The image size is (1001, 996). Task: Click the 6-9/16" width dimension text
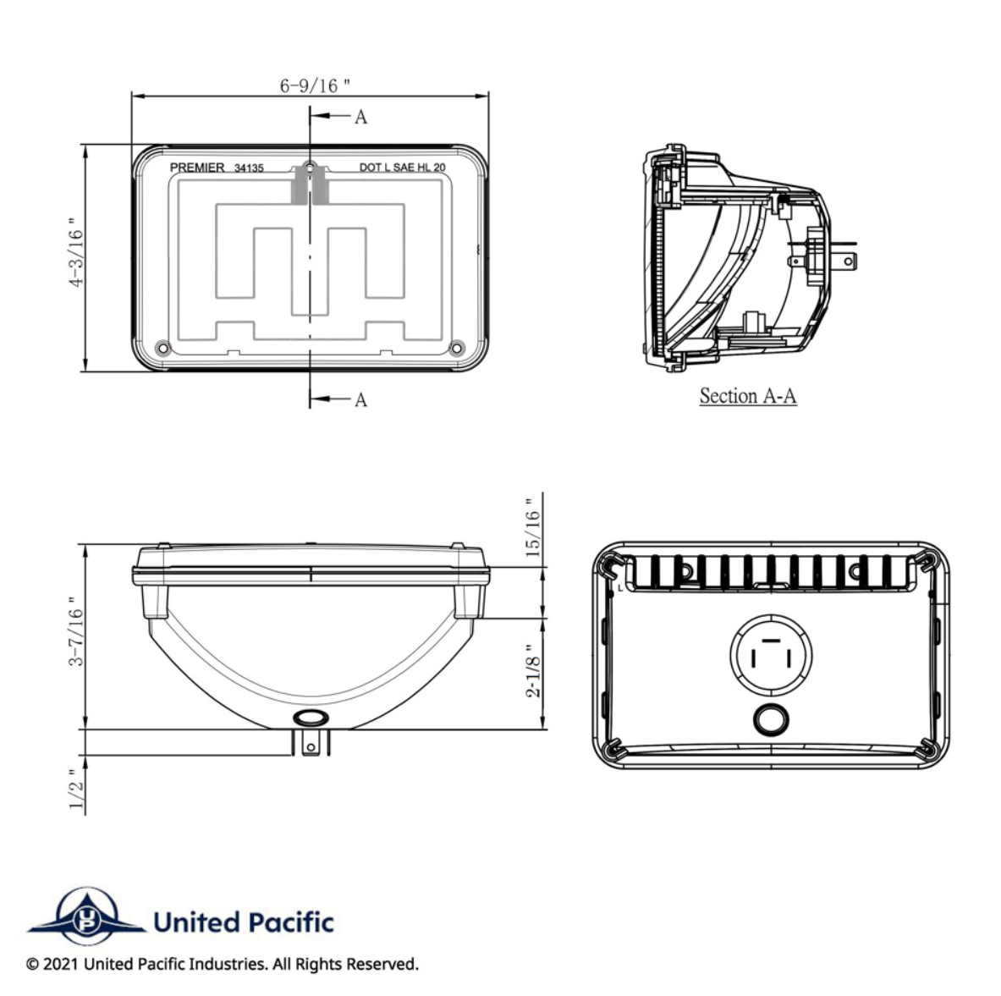coord(315,85)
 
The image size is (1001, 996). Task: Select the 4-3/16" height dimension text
coord(77,257)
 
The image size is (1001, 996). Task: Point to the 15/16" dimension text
coord(533,528)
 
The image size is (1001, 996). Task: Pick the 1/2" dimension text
coord(77,789)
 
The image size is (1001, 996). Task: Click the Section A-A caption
coord(747,395)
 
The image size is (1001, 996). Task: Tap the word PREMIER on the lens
coord(197,168)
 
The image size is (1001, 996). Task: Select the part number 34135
coord(249,168)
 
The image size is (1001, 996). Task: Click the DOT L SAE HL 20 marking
coord(402,168)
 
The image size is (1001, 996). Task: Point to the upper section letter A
coord(360,117)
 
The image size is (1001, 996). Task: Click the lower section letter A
coord(360,399)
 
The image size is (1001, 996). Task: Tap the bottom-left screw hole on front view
coord(163,348)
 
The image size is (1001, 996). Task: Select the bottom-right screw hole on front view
coord(457,348)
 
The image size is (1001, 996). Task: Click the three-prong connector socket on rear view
coord(771,657)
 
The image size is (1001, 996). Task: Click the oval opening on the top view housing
coord(309,718)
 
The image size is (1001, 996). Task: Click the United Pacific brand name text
coord(244,922)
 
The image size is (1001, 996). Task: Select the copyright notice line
coord(223,964)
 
